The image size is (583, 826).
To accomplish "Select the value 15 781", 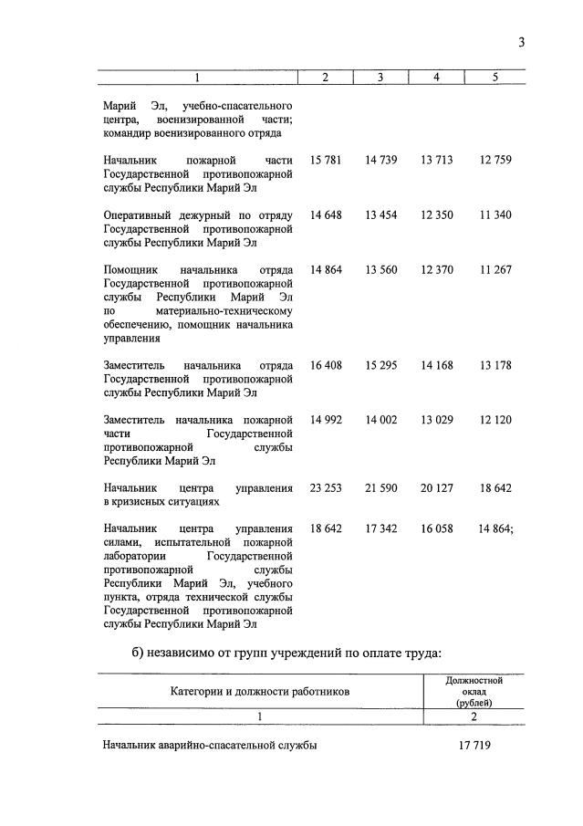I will coord(326,160).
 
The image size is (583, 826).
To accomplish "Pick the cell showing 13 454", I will coord(380,214).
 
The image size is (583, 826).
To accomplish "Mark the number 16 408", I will coord(326,365).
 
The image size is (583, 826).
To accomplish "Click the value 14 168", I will coord(436,365).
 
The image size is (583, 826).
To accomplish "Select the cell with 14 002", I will coord(380,420).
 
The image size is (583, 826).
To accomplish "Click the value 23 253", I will coord(326,488).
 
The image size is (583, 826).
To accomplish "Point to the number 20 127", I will coord(436,488).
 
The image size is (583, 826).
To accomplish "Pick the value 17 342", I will coord(380,529).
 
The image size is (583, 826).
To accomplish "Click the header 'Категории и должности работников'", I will coord(259,691).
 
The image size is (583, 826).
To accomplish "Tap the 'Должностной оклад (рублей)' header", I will coord(474,691).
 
